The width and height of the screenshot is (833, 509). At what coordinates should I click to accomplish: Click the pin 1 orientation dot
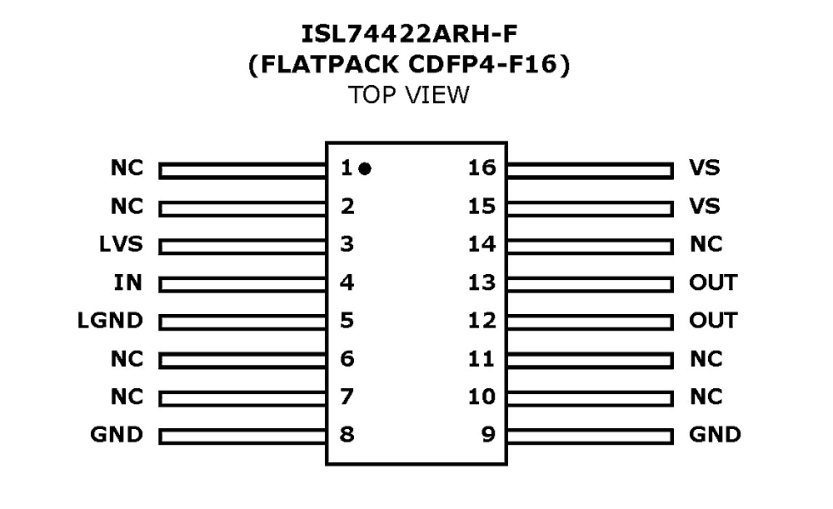(x=365, y=169)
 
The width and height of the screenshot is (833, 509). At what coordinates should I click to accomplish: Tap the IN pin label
(x=129, y=282)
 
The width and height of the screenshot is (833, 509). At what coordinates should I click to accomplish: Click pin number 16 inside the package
(x=481, y=168)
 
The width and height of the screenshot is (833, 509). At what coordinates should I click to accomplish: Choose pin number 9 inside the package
(x=489, y=434)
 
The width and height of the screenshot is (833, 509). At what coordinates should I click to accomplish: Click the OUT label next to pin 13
(x=713, y=282)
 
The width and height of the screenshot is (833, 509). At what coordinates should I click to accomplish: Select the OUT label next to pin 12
(x=713, y=321)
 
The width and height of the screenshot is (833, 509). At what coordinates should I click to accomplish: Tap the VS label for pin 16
(x=704, y=168)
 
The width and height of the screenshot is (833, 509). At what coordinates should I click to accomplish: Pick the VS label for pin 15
(x=704, y=206)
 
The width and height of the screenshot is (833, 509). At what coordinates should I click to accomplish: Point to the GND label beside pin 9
(x=715, y=434)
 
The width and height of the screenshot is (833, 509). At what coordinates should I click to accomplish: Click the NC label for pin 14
(x=706, y=245)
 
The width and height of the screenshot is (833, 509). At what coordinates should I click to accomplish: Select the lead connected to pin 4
(x=242, y=284)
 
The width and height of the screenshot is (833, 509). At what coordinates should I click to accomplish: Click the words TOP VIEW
(x=409, y=95)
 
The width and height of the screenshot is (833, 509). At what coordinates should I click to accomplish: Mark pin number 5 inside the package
(x=347, y=321)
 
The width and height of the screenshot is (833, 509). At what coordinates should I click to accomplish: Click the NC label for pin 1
(x=127, y=168)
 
